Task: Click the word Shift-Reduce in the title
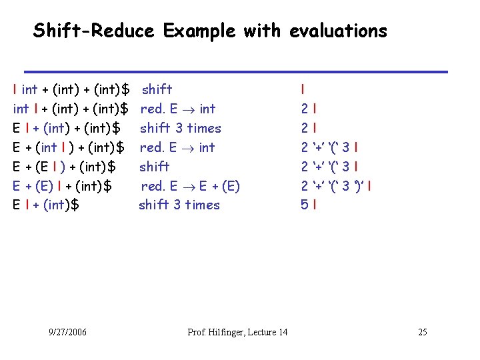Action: coord(93,31)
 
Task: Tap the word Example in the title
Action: coord(199,31)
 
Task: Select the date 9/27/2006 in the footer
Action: coord(68,332)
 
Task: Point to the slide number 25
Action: coord(422,332)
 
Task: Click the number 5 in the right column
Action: coord(304,205)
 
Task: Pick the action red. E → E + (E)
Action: coord(190,186)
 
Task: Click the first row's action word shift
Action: coord(157,89)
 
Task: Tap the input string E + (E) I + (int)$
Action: coord(62,186)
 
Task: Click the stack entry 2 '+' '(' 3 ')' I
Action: coord(336,186)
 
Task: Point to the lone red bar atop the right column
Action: coord(303,89)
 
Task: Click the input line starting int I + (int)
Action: coord(71,109)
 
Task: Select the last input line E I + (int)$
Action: coord(46,205)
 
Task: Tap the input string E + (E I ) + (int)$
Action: coord(65,167)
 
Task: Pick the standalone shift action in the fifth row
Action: coord(155,167)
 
